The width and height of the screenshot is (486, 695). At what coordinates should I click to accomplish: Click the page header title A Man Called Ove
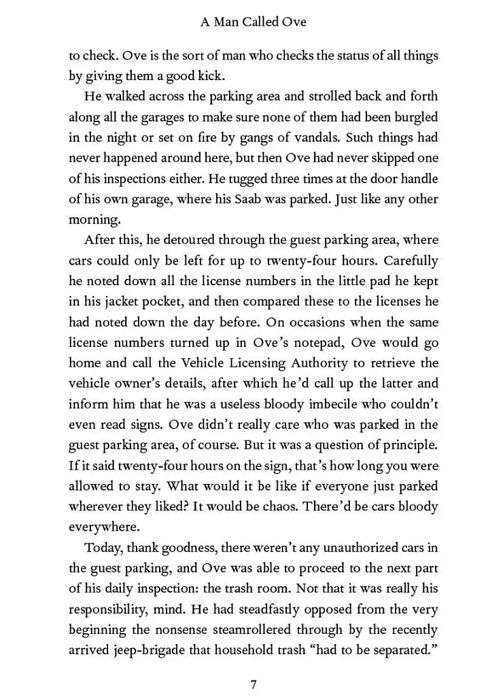click(x=253, y=22)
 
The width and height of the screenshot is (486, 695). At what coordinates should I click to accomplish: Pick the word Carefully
click(x=411, y=261)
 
